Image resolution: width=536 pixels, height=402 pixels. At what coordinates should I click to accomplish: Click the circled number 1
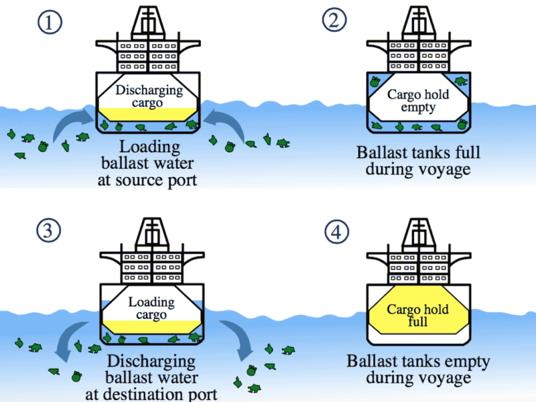[x=50, y=23]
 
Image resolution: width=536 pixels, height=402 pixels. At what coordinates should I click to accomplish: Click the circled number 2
[x=334, y=19]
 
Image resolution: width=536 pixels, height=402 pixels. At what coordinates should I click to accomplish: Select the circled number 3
[x=48, y=230]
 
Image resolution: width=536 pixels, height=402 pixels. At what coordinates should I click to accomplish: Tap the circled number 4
[x=337, y=231]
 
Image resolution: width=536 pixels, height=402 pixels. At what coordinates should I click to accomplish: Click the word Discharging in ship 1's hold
[x=149, y=90]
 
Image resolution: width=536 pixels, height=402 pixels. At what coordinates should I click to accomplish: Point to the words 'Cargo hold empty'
[x=418, y=101]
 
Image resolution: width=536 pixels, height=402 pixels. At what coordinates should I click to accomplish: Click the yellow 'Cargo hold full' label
[x=417, y=315]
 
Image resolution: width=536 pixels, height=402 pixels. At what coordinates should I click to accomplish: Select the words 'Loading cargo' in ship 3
[x=151, y=308]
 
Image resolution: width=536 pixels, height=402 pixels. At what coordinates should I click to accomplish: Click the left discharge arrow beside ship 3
[x=68, y=338]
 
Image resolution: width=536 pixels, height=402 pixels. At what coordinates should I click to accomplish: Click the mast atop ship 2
[x=419, y=21]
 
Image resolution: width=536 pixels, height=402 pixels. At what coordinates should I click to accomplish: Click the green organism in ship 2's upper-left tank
[x=375, y=82]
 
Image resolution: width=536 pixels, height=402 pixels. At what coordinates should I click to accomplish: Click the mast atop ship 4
[x=419, y=232]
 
